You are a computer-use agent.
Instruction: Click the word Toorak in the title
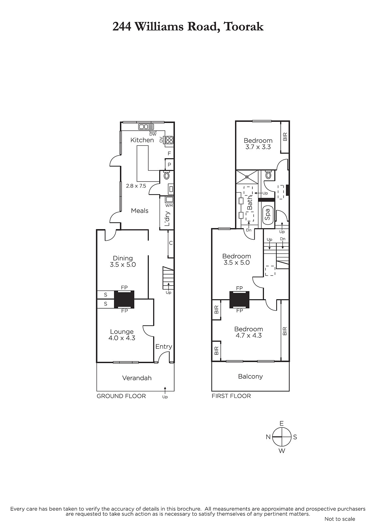coord(244,27)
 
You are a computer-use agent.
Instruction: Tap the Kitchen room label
coord(142,140)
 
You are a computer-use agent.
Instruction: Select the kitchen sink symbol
coord(146,127)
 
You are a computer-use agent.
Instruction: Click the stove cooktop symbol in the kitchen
coord(169,140)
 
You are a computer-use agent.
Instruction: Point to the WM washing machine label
coord(169,205)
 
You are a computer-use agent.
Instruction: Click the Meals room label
coord(140,211)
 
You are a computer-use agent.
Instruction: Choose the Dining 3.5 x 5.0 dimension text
coord(123,265)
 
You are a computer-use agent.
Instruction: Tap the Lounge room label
coord(122,332)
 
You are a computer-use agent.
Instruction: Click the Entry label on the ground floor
coord(164,346)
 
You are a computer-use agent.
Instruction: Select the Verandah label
coord(137,378)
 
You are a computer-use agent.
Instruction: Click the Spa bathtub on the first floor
coord(268,214)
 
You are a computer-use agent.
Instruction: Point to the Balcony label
coord(250,376)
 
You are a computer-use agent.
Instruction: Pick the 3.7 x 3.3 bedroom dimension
coord(258,147)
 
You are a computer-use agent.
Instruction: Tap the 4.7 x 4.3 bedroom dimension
coord(249,335)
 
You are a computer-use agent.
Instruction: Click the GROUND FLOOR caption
coord(121,396)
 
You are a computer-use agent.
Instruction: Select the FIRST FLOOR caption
coord(231,396)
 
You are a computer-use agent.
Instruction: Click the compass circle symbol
coord(282,437)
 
